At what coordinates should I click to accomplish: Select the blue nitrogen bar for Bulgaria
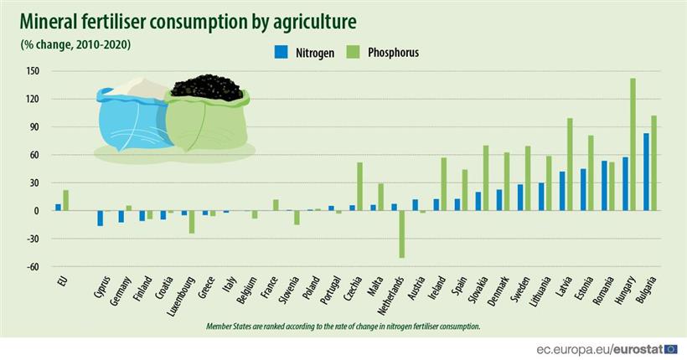[647, 172]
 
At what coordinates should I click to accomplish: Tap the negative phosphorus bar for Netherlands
[401, 234]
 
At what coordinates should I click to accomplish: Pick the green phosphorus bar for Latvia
[570, 164]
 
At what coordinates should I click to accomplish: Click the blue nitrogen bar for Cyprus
[101, 218]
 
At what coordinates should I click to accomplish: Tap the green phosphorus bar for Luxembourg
[191, 222]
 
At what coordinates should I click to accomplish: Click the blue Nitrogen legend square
[281, 52]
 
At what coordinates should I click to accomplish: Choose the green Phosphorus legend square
[354, 52]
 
